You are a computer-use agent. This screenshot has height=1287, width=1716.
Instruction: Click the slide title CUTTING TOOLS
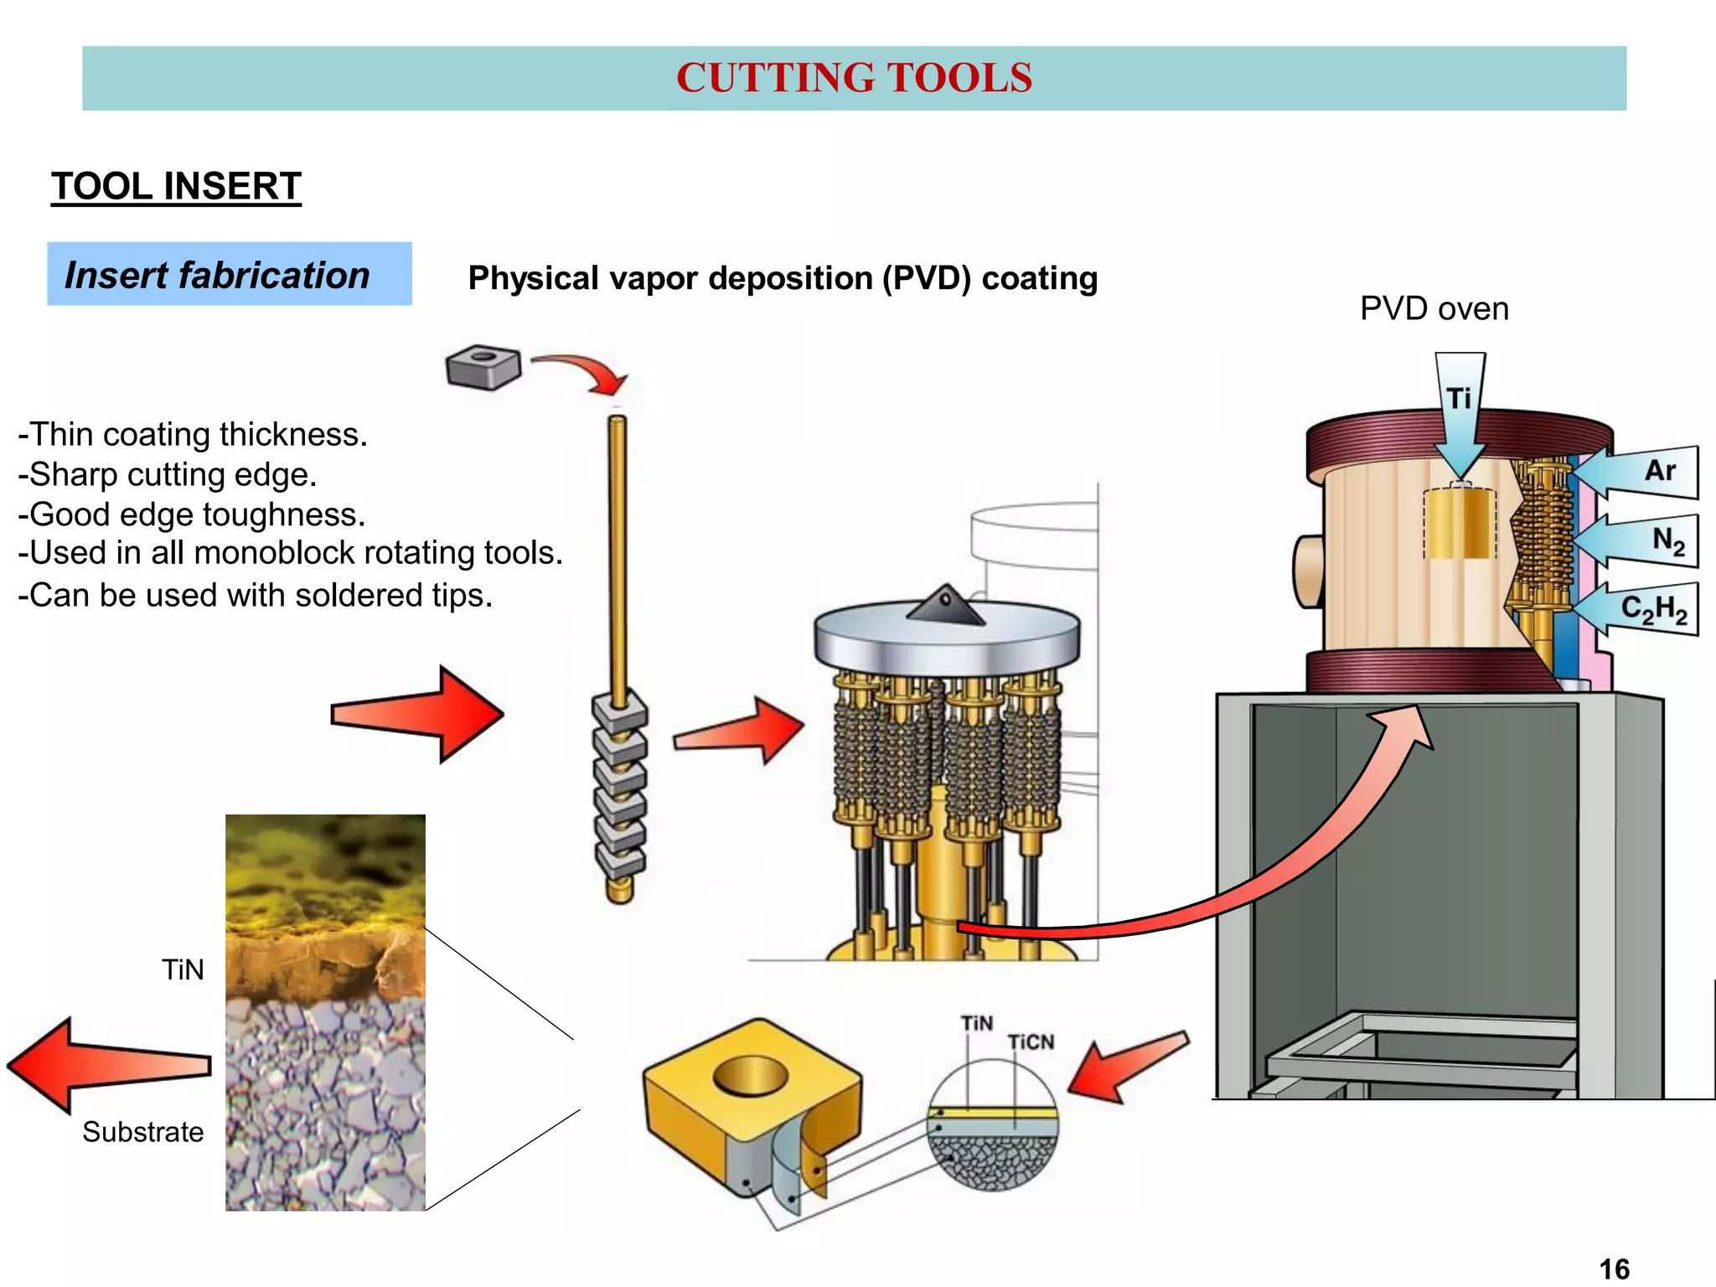[854, 78]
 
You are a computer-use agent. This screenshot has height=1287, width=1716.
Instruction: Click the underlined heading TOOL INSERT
[176, 186]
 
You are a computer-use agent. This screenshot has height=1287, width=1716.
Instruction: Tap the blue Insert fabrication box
[229, 274]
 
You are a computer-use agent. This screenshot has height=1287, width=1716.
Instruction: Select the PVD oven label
[1434, 308]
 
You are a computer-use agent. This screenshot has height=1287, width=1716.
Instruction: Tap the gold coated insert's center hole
[750, 1075]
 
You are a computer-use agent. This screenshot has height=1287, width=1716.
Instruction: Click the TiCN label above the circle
[1031, 1041]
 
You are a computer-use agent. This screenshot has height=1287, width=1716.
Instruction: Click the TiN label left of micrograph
[183, 969]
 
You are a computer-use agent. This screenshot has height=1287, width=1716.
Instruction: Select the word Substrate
[142, 1132]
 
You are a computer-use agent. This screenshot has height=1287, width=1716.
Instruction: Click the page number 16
[1614, 1269]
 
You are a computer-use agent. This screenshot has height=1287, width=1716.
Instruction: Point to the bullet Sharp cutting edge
[168, 474]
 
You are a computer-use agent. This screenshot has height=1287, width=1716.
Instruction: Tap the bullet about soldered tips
[255, 595]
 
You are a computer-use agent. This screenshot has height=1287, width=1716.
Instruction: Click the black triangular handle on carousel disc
[945, 605]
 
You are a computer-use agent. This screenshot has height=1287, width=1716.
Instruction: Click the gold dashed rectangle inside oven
[1460, 524]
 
